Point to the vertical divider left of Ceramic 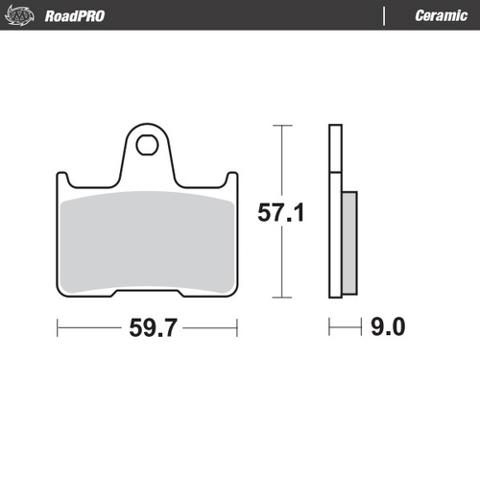coord(384,15)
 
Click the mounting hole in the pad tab coord(147,146)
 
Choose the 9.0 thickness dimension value coord(386,327)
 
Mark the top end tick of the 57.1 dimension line coord(280,126)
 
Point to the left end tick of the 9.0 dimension coord(329,327)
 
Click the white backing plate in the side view coord(334,211)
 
